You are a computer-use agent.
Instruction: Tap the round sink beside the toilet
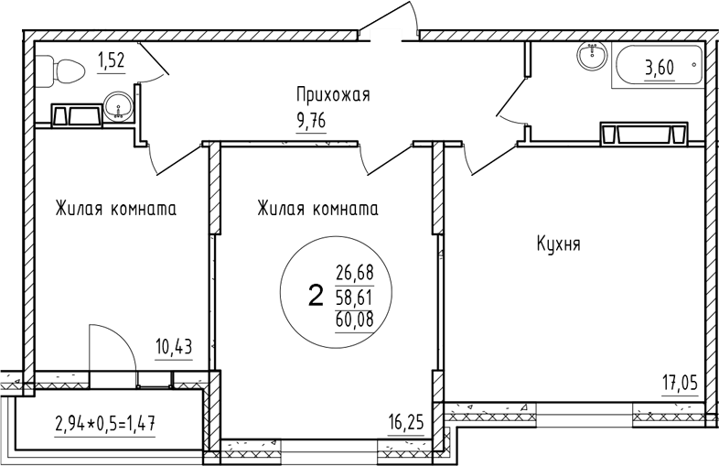[118, 108]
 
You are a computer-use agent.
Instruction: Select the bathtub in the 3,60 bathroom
[657, 67]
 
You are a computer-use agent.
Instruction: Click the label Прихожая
[331, 93]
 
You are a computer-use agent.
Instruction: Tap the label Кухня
[559, 244]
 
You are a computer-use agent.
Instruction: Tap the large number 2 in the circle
[316, 295]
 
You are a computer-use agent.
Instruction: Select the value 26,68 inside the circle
[356, 272]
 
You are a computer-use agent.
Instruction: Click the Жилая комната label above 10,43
[115, 208]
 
